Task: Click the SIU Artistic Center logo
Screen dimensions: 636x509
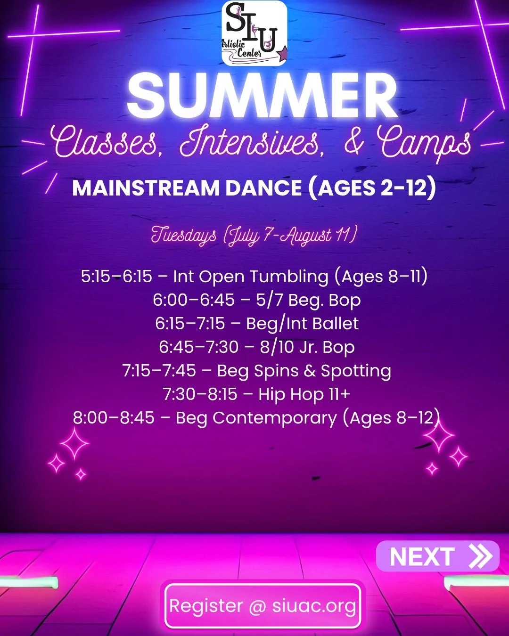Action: click(254, 33)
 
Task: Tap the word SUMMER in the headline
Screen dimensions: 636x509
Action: click(262, 97)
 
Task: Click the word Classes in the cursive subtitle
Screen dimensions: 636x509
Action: click(107, 141)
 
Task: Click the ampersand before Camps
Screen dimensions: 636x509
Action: click(353, 141)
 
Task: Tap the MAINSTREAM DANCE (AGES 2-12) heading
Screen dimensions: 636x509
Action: click(254, 188)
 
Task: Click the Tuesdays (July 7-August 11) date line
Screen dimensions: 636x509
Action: click(254, 235)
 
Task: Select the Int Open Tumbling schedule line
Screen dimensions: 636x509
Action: click(254, 277)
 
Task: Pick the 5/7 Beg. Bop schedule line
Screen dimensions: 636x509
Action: click(256, 300)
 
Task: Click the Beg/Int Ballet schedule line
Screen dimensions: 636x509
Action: click(256, 324)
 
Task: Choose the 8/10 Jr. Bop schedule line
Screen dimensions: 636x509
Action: click(256, 347)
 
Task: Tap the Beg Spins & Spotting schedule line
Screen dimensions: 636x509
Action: click(256, 371)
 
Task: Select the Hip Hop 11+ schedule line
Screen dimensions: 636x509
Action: click(256, 394)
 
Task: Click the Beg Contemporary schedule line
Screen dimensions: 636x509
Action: click(256, 418)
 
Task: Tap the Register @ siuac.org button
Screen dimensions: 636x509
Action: click(263, 606)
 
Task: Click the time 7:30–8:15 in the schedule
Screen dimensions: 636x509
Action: click(200, 394)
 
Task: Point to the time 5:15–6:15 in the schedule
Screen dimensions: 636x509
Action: click(116, 277)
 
